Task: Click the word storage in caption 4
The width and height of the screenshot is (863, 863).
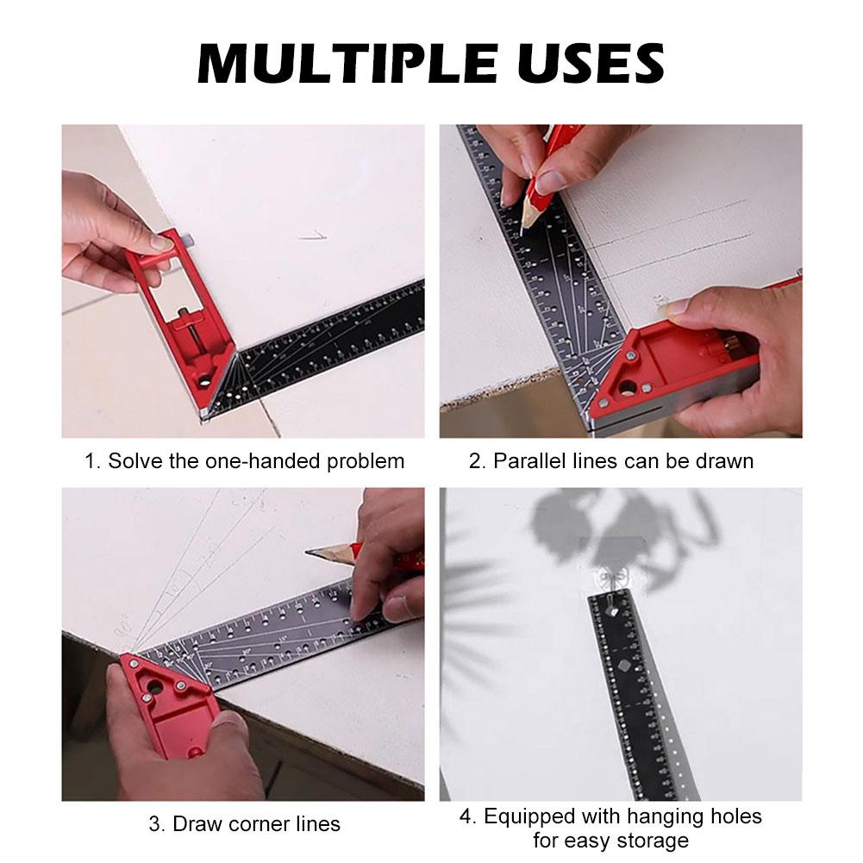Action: point(654,841)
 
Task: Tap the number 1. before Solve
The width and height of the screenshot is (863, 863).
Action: point(92,461)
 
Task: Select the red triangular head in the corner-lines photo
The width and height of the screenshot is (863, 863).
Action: point(164,703)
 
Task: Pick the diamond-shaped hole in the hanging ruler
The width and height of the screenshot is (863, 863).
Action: point(622,666)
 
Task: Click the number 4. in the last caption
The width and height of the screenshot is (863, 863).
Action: point(466,816)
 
